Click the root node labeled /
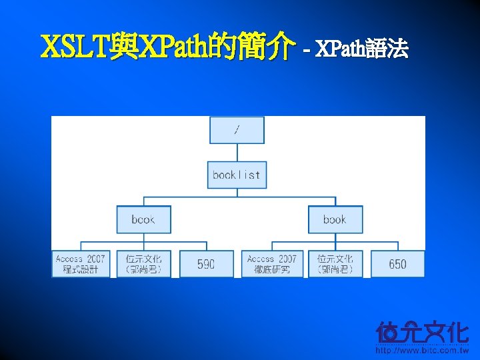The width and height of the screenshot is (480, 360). (x=237, y=130)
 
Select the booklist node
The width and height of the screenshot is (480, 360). (x=237, y=175)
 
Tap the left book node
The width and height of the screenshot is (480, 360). (x=143, y=219)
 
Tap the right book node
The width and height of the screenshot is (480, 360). (x=335, y=219)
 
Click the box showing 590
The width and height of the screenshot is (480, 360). (x=206, y=264)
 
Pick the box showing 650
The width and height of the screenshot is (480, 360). (x=397, y=264)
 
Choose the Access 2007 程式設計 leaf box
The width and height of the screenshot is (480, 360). (x=81, y=264)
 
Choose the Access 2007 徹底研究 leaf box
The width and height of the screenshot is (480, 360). (x=272, y=264)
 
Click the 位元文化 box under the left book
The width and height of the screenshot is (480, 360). (x=143, y=264)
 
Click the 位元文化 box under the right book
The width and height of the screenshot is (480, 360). (x=335, y=264)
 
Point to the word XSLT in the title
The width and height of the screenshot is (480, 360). (x=73, y=48)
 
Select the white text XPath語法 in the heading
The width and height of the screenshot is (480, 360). (x=361, y=49)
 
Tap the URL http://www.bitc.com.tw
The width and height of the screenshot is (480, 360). (x=422, y=350)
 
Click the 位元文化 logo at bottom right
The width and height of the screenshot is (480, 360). (x=422, y=332)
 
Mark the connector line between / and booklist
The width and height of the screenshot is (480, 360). (x=237, y=153)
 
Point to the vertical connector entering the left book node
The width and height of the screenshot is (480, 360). (x=143, y=201)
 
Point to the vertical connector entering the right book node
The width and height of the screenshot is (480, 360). (x=335, y=201)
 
